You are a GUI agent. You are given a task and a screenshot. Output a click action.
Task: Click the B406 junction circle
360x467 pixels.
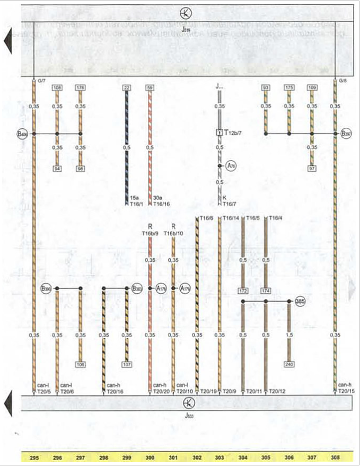[22, 134]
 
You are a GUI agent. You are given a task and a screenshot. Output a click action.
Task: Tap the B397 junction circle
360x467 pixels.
[346, 134]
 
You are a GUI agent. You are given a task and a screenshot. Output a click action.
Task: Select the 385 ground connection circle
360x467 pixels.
[301, 301]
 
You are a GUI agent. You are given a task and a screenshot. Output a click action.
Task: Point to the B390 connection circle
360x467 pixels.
[46, 289]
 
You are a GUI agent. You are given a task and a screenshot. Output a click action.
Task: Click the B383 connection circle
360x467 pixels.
[137, 289]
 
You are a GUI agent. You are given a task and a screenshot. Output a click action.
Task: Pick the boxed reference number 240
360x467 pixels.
[288, 365]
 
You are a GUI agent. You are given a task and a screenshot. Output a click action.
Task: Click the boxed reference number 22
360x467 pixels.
[126, 87]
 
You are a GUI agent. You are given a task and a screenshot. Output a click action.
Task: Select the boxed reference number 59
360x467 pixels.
[150, 87]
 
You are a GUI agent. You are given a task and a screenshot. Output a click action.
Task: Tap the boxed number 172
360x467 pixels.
[243, 292]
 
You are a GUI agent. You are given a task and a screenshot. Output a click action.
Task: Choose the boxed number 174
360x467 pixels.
[266, 292]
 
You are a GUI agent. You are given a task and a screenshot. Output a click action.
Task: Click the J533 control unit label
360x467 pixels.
[185, 416]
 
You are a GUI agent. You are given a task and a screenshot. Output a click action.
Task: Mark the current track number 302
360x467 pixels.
[197, 456]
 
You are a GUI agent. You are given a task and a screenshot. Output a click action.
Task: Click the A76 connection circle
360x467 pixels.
[231, 165]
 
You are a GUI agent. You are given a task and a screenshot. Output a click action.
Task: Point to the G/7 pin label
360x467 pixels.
[42, 81]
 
